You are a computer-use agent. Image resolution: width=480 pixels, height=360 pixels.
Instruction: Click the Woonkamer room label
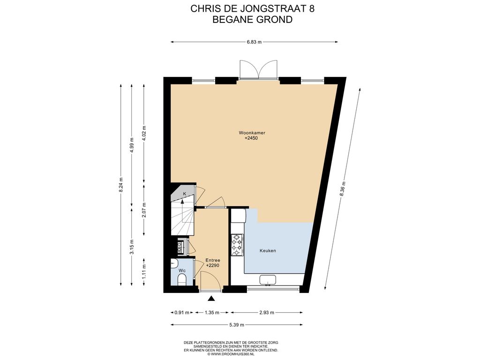252,133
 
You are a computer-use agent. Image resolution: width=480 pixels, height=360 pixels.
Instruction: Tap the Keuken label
268,251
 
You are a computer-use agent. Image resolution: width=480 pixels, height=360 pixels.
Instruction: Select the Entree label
213,261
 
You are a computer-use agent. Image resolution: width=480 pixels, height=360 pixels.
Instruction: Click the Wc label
182,270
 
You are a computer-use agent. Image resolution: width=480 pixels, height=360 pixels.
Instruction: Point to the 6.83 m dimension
255,42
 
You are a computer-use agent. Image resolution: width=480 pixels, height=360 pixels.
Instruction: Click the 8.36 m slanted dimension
343,189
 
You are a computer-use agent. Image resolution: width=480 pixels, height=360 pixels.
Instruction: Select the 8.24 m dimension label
121,185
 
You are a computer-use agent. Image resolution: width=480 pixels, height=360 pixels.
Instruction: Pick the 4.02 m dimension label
144,133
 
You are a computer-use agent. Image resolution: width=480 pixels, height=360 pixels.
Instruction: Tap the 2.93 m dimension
267,313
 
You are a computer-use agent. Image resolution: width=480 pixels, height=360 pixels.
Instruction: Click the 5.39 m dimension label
237,325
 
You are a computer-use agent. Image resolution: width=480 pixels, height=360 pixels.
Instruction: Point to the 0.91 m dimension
182,313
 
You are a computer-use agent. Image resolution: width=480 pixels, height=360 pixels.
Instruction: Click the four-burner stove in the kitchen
237,245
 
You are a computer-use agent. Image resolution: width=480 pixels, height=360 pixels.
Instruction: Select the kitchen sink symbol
268,280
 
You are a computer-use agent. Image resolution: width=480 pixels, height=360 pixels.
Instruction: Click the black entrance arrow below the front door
211,299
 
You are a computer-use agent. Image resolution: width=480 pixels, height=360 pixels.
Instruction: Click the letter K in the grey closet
184,194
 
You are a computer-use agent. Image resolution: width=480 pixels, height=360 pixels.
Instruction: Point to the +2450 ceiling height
251,138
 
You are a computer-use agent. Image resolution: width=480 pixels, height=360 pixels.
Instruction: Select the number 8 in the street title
312,8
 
